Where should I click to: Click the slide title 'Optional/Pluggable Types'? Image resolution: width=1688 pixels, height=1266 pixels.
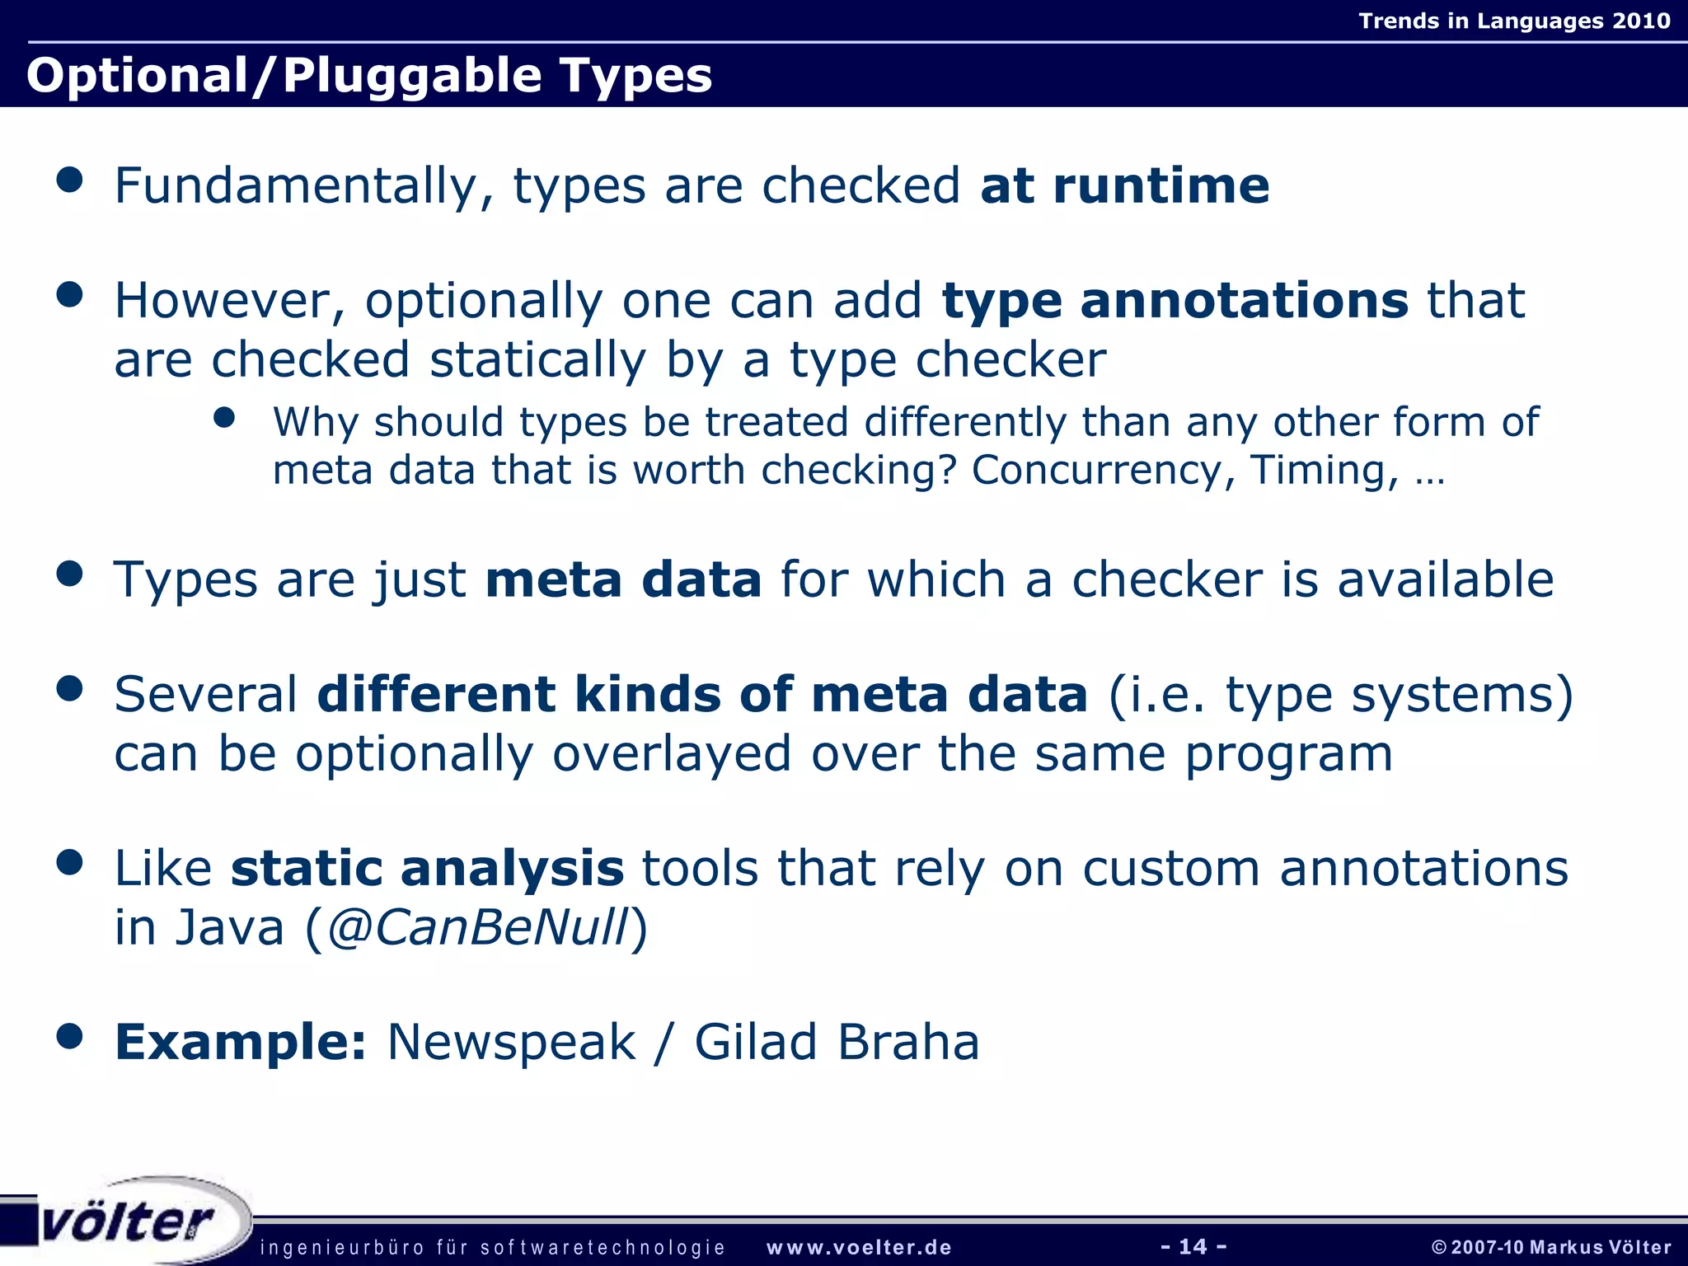(368, 76)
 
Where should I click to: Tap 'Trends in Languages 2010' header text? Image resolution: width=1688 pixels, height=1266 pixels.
(1514, 21)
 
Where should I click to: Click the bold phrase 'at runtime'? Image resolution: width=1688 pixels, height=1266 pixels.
(1124, 185)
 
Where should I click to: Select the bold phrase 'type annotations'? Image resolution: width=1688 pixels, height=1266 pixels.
(1175, 301)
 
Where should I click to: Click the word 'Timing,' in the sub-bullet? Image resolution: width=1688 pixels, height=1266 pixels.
(1325, 471)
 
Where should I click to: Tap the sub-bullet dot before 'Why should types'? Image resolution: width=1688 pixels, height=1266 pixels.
(224, 418)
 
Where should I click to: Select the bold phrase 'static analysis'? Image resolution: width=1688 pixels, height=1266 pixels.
(427, 869)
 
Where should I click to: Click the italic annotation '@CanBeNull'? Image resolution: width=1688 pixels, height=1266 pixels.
(477, 928)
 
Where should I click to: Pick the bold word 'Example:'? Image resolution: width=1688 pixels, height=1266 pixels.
(240, 1043)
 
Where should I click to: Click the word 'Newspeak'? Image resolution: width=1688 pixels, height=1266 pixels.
(511, 1043)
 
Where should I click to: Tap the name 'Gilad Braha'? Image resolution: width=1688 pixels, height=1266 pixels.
(837, 1043)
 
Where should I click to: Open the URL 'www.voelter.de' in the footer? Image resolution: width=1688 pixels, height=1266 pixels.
(859, 1248)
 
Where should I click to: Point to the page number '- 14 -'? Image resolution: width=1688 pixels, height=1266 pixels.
(1193, 1246)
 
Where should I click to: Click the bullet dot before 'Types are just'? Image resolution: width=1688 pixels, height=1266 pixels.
(70, 574)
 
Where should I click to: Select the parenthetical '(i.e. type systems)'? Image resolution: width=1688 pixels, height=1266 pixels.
(1340, 695)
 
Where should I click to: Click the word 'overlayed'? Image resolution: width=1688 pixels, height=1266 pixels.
(671, 754)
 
